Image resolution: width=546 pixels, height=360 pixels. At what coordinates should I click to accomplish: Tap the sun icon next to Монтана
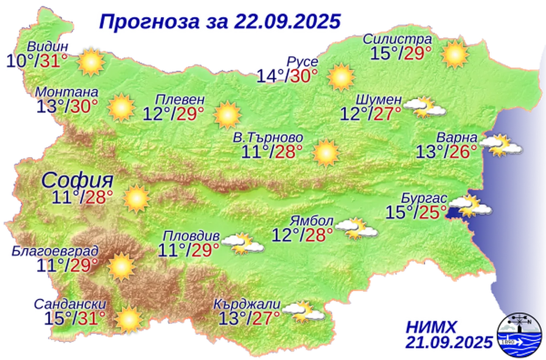(x=121, y=107)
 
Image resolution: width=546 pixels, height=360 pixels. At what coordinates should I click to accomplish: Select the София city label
(x=78, y=181)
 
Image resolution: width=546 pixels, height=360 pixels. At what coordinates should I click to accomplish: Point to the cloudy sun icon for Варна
(x=500, y=146)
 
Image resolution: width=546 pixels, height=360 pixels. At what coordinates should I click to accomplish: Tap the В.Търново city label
(x=268, y=138)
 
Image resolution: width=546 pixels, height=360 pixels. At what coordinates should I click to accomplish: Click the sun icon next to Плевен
(x=227, y=115)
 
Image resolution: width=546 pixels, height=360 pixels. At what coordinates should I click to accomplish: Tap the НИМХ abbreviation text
(x=431, y=328)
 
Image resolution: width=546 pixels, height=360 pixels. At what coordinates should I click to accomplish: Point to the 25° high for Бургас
(x=433, y=212)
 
